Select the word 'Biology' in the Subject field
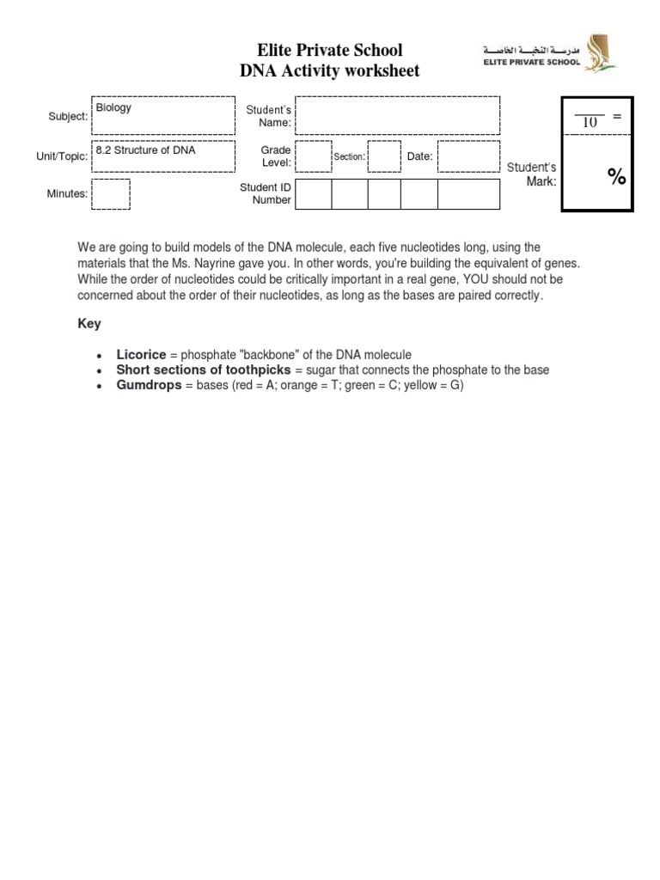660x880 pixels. pos(113,108)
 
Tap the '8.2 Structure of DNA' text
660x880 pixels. pos(145,150)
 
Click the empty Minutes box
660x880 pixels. pos(110,194)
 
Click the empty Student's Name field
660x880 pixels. pos(398,116)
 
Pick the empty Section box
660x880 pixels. pos(384,156)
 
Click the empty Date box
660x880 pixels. pos(467,156)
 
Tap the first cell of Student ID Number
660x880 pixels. pos(315,194)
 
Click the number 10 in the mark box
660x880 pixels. pos(590,122)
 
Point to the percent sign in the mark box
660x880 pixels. pos(617,176)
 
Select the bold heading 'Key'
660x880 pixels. pos(89,324)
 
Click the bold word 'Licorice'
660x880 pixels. pos(141,355)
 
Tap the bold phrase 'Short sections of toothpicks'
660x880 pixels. pos(204,370)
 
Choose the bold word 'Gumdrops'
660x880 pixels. pos(149,385)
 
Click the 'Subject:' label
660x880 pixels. pos(67,117)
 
